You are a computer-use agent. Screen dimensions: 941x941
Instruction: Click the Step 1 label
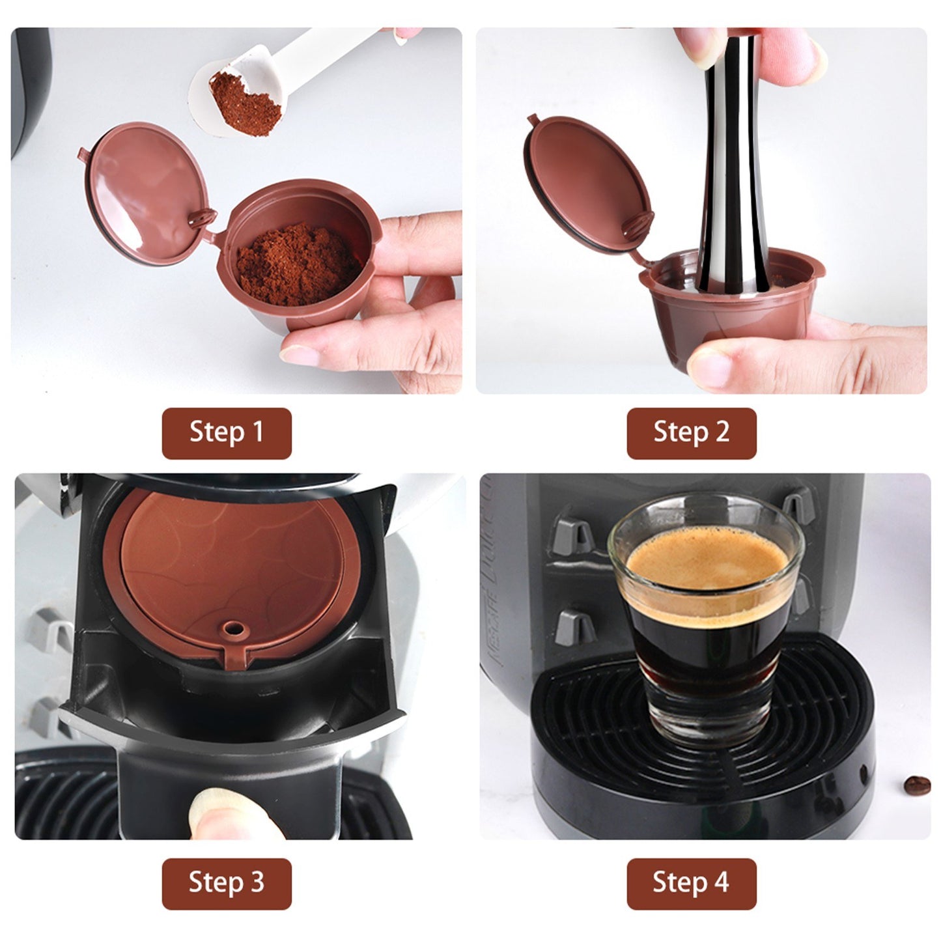(227, 432)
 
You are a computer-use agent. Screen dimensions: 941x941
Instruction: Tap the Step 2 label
(692, 432)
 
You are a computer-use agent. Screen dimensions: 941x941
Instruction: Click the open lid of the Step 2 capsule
(589, 183)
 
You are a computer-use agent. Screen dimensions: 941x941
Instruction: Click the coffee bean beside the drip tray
(917, 786)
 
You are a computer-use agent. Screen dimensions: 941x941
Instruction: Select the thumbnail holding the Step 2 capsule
(710, 367)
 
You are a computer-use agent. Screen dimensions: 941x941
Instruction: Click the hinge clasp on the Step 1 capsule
(203, 218)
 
